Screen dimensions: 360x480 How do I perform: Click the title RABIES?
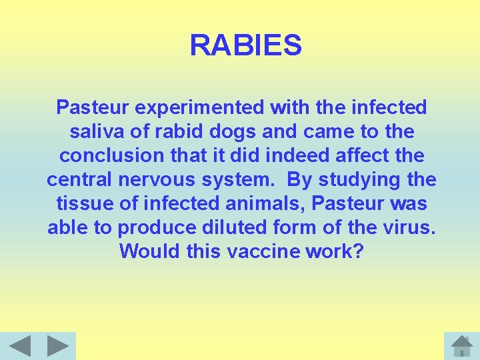(245, 46)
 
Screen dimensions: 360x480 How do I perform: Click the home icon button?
(461, 346)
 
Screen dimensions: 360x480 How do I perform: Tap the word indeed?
(297, 155)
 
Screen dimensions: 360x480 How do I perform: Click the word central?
(79, 179)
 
